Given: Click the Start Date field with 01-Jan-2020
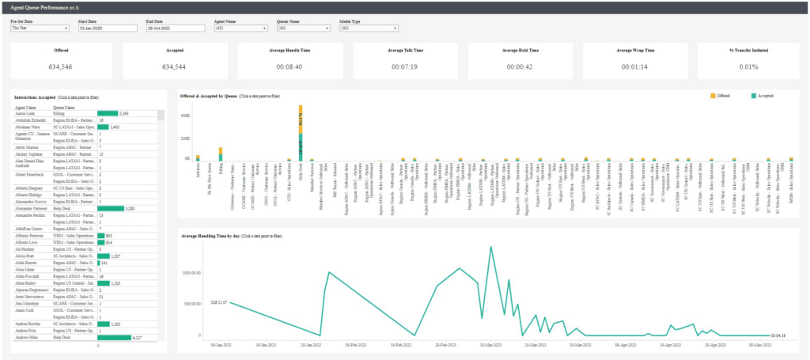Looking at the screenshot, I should [108, 28].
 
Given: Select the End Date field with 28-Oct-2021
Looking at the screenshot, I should [175, 28].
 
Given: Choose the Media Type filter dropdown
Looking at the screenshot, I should [368, 28].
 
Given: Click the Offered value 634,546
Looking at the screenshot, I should [61, 66].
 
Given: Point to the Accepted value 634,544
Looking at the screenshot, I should [174, 66].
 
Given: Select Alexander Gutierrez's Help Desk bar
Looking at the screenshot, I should [111, 209].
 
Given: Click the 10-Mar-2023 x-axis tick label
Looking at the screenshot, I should [491, 346].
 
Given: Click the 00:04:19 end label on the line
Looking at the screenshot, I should [778, 335].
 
